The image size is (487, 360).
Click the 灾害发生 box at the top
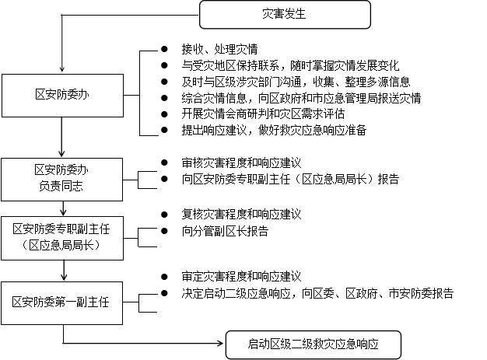[285, 15]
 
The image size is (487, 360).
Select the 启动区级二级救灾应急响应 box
[313, 344]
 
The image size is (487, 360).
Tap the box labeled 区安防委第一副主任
[61, 303]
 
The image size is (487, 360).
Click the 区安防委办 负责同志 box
[61, 180]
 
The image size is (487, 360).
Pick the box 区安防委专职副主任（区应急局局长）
[62, 238]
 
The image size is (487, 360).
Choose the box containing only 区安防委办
[62, 96]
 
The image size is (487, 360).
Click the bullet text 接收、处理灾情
[219, 49]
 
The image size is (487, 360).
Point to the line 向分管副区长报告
[225, 231]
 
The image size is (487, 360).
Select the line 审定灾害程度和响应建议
[241, 277]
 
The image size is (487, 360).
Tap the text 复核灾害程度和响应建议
[241, 215]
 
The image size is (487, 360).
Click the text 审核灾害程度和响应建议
[241, 163]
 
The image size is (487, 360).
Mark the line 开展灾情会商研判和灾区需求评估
[263, 114]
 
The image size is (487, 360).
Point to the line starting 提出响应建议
[274, 130]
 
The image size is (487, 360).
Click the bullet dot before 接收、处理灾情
[164, 49]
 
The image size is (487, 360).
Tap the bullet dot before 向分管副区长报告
[164, 231]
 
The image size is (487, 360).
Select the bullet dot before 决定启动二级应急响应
[164, 293]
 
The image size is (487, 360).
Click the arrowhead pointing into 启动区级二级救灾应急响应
[221, 343]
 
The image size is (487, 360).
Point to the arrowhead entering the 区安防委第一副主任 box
[64, 278]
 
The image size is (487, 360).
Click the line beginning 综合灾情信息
[301, 98]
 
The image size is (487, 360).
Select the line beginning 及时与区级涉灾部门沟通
[296, 82]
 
